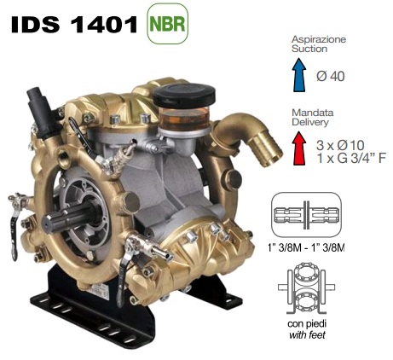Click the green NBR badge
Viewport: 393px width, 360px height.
pos(167,23)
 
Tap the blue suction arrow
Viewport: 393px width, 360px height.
pos(299,75)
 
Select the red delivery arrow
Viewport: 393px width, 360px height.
pos(299,148)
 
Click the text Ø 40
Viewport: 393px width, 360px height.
pos(331,76)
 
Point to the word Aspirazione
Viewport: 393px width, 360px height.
pos(319,39)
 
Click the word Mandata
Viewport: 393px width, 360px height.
pos(312,113)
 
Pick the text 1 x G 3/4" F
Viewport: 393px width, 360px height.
pos(351,158)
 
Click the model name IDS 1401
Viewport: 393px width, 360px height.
pos(74,24)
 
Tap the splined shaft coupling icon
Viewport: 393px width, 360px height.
pos(306,215)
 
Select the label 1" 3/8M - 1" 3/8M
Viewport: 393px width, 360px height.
pos(306,248)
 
